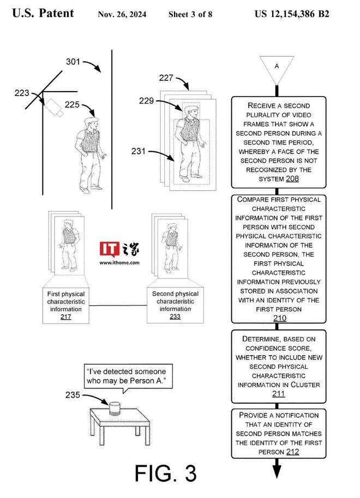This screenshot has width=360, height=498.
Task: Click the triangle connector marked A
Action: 277,68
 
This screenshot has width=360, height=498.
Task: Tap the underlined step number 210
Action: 279,318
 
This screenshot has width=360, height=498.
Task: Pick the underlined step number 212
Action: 292,452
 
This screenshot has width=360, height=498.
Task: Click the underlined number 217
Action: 67,316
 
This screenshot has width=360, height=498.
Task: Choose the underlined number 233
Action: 175,316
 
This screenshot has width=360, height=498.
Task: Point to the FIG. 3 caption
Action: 165,473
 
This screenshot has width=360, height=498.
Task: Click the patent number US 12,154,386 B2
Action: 292,13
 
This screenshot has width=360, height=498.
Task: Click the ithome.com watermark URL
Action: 119,262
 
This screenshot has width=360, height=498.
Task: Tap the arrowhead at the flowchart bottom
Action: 277,469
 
